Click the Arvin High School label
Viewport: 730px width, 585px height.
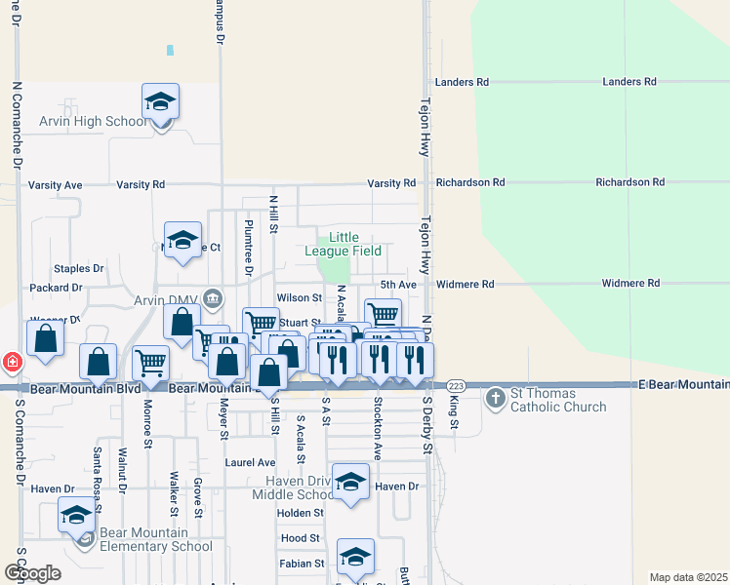[x=93, y=122]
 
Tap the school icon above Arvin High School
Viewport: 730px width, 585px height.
[x=161, y=101]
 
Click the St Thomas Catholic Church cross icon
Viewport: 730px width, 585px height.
[x=496, y=397]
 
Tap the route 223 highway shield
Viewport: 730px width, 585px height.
[x=456, y=387]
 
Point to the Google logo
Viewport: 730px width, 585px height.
[x=32, y=573]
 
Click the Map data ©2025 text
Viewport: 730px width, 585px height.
[x=688, y=577]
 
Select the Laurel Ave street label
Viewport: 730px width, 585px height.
[x=250, y=463]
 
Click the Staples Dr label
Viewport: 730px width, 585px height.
[x=79, y=268]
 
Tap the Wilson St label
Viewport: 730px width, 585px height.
[x=299, y=298]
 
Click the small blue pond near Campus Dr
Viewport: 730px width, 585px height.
[x=171, y=50]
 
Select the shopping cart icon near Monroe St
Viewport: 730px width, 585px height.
[x=150, y=363]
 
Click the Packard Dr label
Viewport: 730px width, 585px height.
[x=57, y=289]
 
